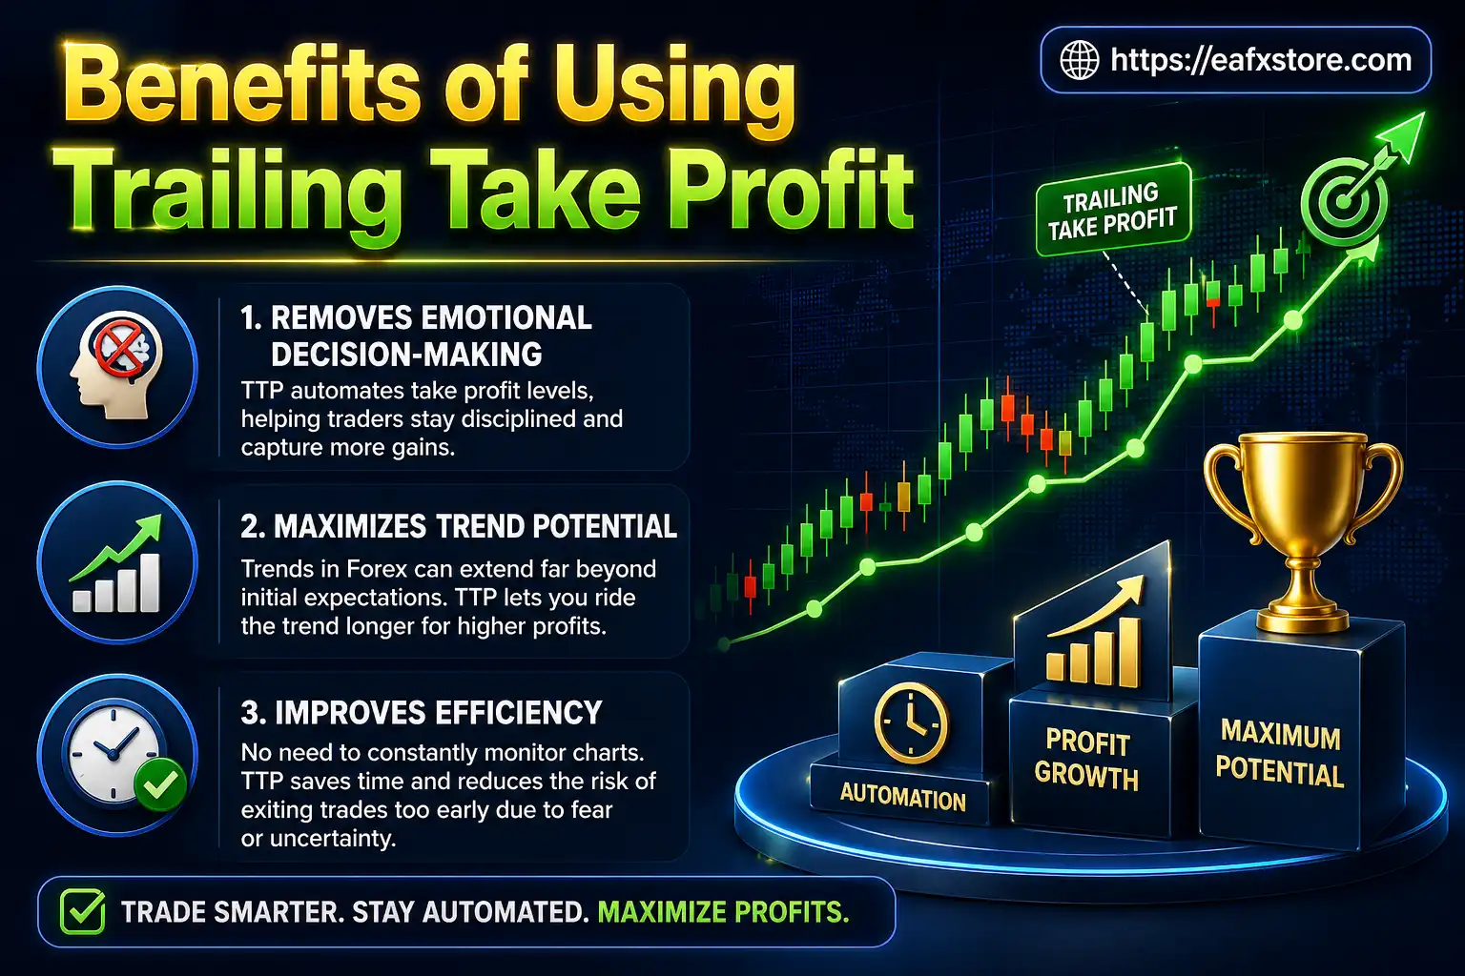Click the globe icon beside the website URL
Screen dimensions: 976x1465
(1080, 60)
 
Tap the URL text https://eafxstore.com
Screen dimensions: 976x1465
(1260, 60)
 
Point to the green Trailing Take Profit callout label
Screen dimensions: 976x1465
(1112, 211)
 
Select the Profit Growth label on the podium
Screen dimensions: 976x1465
(1086, 760)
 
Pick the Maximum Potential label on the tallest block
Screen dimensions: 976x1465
(1280, 754)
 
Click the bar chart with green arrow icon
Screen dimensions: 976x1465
(116, 565)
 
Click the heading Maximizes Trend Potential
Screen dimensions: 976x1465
(459, 526)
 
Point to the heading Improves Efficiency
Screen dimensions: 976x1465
(421, 713)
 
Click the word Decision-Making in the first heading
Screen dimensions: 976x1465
(406, 355)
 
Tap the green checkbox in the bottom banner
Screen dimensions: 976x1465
(83, 912)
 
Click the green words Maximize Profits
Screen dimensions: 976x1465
(723, 912)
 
